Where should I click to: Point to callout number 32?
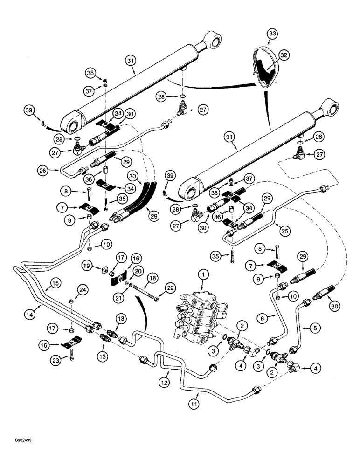coord(284,55)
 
